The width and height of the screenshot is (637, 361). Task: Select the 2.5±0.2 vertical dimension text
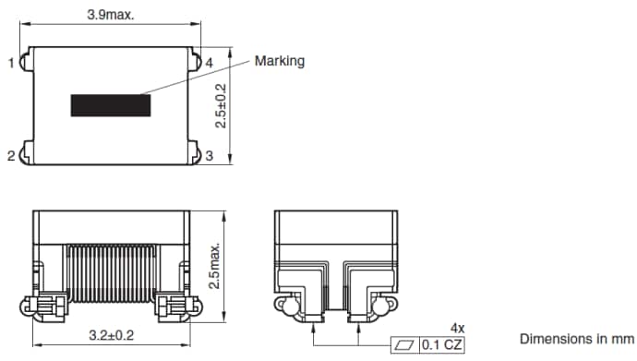[219, 103]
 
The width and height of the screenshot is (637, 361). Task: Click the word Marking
[280, 61]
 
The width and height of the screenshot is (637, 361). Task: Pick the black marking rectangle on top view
[112, 104]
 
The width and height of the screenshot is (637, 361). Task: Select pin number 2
[12, 157]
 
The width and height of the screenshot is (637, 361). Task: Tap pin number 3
[209, 157]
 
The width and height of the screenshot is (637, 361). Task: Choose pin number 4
[209, 63]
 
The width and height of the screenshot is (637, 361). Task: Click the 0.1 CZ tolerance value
[442, 345]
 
